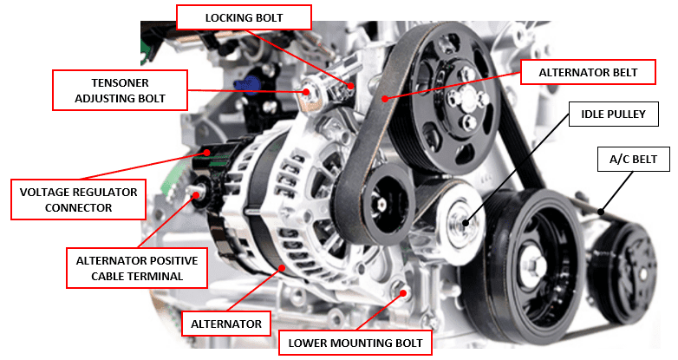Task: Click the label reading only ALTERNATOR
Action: point(226,324)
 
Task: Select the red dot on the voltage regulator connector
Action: point(207,154)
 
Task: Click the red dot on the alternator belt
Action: point(381,98)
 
